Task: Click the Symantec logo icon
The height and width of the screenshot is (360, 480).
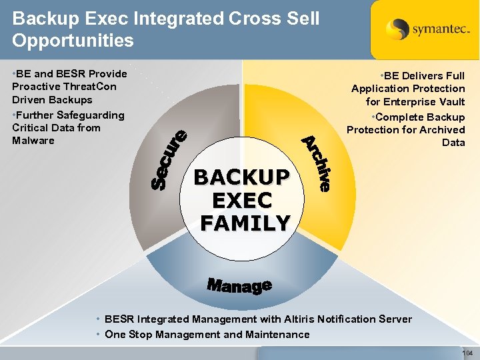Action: pos(397,30)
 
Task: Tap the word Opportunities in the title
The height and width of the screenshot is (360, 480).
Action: pos(73,40)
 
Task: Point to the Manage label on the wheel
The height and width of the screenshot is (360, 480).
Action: pos(239,286)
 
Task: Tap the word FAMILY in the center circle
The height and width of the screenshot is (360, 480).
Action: pos(245,223)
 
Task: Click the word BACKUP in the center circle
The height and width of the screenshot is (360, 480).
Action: pos(242,177)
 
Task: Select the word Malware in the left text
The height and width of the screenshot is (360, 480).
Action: pos(33,141)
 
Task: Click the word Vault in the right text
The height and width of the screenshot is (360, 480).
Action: pos(450,102)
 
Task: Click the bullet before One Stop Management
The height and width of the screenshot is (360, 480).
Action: pos(99,335)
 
